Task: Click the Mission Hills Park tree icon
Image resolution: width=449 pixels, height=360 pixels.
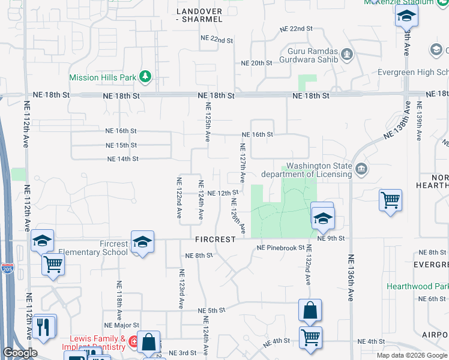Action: [145, 76]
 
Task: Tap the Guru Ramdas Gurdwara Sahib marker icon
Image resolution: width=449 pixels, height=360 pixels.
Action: [346, 56]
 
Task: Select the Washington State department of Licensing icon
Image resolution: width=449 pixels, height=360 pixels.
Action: [360, 169]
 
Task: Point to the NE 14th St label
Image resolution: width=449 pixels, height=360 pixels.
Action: [122, 159]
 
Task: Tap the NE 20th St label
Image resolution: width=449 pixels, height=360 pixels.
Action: [257, 63]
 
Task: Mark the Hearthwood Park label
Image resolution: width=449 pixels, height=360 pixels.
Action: [417, 287]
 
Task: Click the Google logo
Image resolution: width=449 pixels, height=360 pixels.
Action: [20, 353]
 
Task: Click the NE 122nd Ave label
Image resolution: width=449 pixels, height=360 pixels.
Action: [179, 198]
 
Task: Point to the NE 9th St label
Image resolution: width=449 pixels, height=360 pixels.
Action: [333, 238]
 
